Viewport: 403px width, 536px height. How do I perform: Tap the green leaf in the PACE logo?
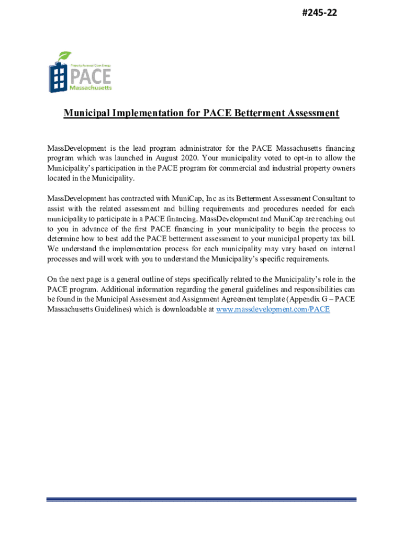[65, 54]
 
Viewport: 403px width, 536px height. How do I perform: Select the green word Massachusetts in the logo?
[91, 88]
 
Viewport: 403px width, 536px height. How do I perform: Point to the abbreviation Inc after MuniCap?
[212, 198]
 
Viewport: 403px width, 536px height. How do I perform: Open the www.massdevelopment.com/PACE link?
[273, 309]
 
